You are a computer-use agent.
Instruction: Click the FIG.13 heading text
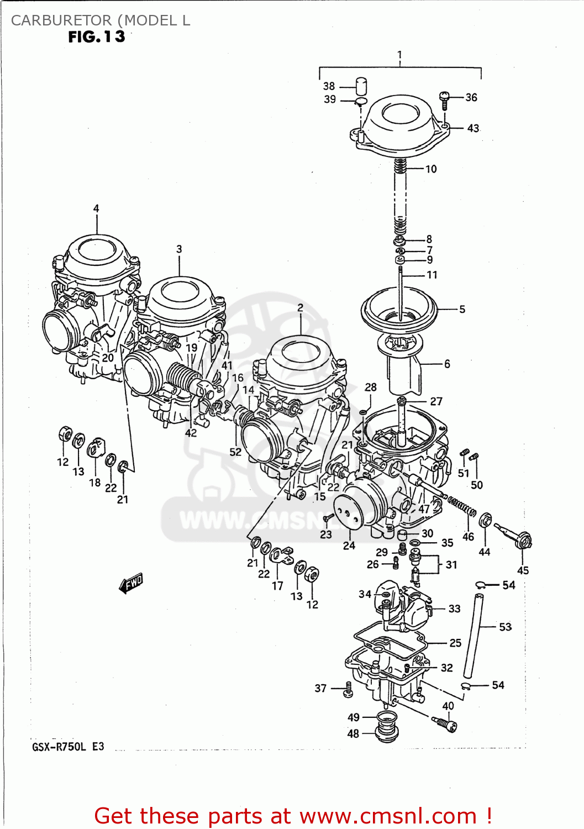[97, 37]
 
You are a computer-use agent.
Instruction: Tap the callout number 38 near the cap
[329, 86]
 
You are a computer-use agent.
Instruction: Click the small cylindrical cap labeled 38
[361, 86]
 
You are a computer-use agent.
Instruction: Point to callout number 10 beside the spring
[431, 169]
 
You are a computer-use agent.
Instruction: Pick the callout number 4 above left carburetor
[96, 208]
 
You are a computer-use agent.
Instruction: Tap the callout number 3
[179, 249]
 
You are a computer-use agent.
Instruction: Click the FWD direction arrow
[131, 583]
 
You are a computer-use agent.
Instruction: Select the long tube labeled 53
[473, 636]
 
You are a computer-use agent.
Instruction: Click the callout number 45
[523, 570]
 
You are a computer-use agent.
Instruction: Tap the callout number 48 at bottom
[353, 733]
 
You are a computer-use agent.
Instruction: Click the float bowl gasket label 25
[455, 643]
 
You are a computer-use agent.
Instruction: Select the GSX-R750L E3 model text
[68, 747]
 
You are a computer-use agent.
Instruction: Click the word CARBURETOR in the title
[61, 20]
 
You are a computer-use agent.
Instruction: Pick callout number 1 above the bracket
[399, 55]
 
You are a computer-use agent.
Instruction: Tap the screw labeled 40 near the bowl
[445, 722]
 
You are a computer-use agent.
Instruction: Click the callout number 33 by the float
[454, 608]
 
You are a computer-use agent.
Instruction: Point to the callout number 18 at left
[95, 482]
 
